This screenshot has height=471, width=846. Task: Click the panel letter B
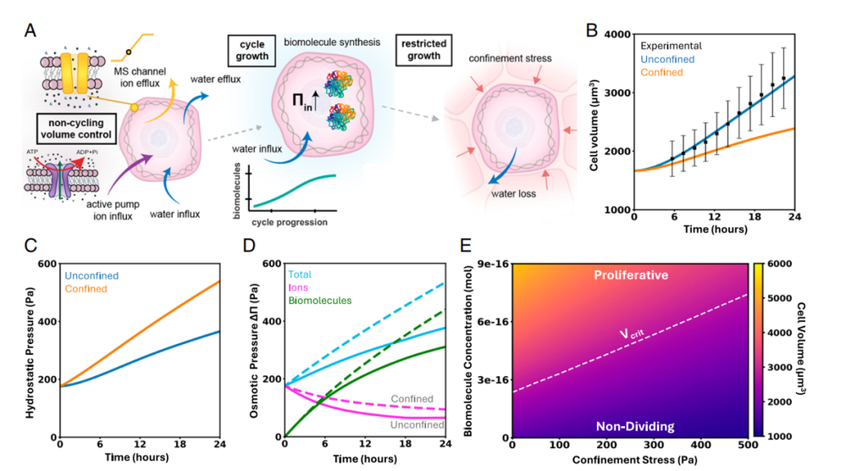tap(592, 30)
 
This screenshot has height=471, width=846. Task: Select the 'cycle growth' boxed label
tap(252, 50)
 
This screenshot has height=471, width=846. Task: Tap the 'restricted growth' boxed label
tap(423, 50)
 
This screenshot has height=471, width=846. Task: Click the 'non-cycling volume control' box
tap(76, 129)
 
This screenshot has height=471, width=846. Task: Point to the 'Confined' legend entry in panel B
tap(661, 72)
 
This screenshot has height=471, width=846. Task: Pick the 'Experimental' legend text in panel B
tap(672, 46)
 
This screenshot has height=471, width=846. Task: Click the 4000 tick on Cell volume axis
tap(617, 35)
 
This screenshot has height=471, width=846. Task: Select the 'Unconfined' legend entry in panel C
tap(91, 275)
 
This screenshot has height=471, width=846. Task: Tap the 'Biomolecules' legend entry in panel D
tap(320, 301)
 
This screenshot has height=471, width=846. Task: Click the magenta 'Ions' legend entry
tap(298, 287)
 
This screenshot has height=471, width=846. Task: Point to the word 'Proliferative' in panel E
tap(631, 275)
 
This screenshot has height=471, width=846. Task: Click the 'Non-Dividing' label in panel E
tap(635, 427)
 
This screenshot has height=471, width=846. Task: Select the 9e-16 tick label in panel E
tap(491, 263)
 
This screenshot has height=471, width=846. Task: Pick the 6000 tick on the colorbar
tap(780, 263)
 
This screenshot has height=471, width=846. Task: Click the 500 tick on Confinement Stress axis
tap(748, 445)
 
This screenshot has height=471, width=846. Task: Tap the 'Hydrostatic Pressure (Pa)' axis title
tap(30, 351)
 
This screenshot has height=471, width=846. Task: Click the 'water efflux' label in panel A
tap(215, 80)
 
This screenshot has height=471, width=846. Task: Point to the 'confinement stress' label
tap(510, 58)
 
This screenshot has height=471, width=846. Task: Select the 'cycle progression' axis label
tap(289, 222)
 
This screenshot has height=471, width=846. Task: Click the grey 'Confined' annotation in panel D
tap(412, 399)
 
